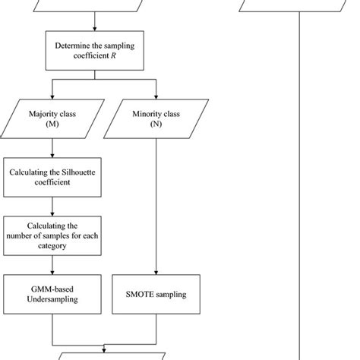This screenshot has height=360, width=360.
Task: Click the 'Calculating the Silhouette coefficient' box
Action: tap(51, 176)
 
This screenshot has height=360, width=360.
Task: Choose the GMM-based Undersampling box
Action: tap(51, 294)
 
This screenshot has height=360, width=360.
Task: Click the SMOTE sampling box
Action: tap(156, 294)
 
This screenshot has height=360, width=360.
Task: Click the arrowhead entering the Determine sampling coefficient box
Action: tap(95, 29)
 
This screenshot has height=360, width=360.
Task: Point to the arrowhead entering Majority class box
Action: tap(51, 99)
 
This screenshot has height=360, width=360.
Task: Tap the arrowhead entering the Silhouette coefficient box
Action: tap(51, 156)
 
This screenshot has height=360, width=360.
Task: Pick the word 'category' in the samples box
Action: tap(51, 246)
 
